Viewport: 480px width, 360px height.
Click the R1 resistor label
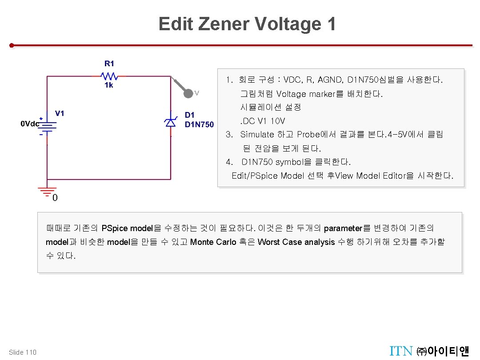[x=109, y=64]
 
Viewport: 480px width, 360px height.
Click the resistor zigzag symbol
[x=109, y=76]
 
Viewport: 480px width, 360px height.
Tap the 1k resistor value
[x=109, y=85]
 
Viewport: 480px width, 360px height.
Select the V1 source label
[x=60, y=113]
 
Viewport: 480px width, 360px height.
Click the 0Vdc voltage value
[x=30, y=124]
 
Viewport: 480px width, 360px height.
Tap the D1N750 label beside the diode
[x=199, y=124]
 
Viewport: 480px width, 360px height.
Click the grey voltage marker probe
[x=188, y=92]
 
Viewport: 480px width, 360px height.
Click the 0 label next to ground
[x=55, y=198]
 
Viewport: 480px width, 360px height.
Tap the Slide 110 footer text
[x=23, y=352]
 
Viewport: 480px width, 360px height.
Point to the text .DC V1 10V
[x=263, y=121]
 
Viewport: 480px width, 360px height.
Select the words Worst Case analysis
[x=296, y=242]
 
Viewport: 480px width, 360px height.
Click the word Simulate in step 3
[x=257, y=134]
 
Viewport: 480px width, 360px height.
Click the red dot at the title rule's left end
[x=13, y=45]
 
